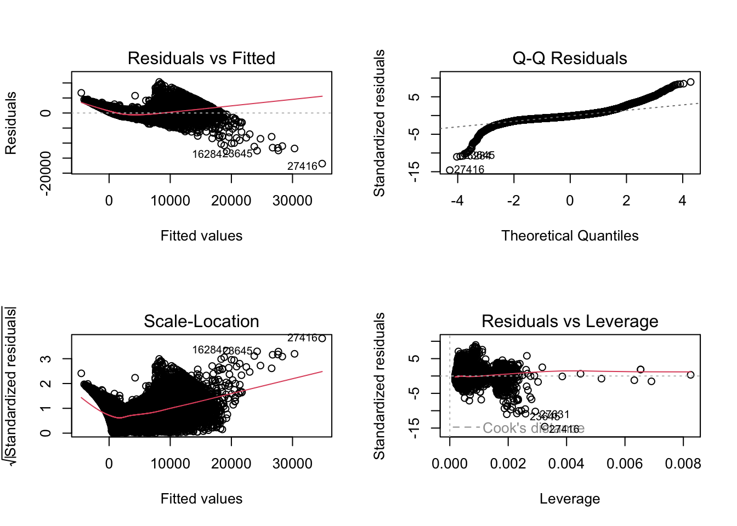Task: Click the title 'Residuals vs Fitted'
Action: [201, 58]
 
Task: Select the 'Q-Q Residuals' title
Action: [569, 58]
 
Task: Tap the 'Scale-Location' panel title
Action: [201, 321]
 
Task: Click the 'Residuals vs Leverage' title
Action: [569, 321]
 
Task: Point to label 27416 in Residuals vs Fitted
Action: [302, 166]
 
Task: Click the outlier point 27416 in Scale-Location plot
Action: [322, 338]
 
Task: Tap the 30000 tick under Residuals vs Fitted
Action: [292, 201]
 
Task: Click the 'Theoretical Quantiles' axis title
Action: [569, 236]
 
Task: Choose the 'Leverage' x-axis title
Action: [569, 499]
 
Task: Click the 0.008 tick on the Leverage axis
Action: [683, 464]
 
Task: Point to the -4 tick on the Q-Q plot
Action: [457, 201]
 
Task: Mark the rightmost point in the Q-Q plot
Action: [690, 82]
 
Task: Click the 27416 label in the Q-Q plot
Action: [469, 170]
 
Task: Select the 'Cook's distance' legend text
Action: [533, 428]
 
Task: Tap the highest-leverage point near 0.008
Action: [690, 375]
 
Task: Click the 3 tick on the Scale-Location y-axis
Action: [46, 359]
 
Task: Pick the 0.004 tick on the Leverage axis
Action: [566, 464]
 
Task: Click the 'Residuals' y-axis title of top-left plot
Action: [11, 123]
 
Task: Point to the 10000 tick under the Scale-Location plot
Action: [170, 464]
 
